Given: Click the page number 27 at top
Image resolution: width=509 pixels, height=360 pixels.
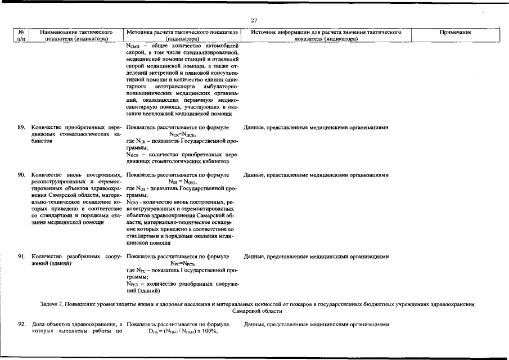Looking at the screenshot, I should point(254,21).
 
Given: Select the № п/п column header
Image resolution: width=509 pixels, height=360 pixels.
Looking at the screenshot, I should point(21,36).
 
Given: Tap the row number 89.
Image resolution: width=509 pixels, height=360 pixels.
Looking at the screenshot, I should point(22,128).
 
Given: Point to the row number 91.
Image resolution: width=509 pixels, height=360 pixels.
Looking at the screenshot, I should point(22,256).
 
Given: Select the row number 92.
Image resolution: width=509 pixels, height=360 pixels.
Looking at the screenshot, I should point(22,325).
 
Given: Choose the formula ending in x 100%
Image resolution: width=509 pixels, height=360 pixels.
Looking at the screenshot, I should point(182,332).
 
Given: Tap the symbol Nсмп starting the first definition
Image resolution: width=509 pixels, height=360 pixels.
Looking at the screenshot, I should point(133,45).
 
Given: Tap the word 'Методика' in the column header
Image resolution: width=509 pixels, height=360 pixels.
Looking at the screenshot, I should point(140,33).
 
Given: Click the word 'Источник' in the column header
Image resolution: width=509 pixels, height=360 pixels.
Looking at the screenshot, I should point(264,33).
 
